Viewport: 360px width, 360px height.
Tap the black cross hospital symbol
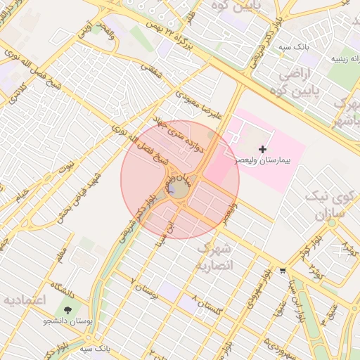tap(263, 149)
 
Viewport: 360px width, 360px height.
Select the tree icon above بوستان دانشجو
tap(68, 309)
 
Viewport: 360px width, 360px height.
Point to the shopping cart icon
tap(283, 270)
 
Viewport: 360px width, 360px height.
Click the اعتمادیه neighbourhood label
tap(25, 300)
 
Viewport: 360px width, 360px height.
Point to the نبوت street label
tap(66, 168)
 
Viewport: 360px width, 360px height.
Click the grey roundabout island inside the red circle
tap(179, 189)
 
